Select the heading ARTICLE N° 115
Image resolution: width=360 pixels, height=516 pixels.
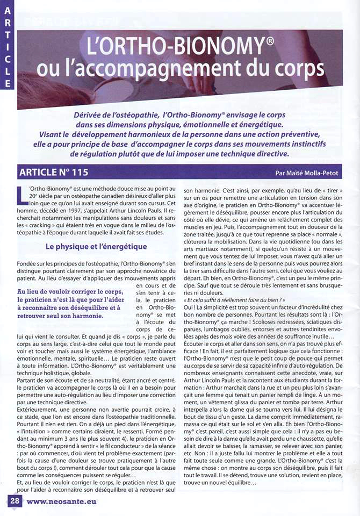[x=53, y=173]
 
